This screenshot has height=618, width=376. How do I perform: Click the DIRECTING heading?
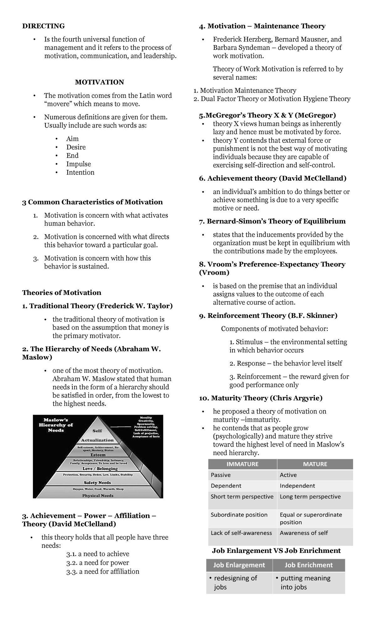click(x=43, y=26)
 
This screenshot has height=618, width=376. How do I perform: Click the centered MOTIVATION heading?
click(x=99, y=82)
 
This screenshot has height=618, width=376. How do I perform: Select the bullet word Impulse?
click(x=78, y=164)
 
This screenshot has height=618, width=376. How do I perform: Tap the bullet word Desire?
click(x=76, y=147)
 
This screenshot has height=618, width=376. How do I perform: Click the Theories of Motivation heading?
click(x=61, y=293)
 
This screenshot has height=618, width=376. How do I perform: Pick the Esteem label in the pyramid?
click(x=98, y=455)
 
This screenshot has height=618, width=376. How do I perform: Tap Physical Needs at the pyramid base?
click(x=98, y=495)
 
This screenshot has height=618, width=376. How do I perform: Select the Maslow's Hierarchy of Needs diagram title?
click(x=56, y=425)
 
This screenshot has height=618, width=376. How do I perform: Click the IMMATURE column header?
click(x=242, y=464)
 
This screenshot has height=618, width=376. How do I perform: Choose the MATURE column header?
click(x=315, y=464)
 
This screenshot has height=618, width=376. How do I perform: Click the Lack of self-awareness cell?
click(x=241, y=533)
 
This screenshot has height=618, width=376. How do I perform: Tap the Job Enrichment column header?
click(x=308, y=565)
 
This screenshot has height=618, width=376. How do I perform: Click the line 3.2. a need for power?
click(x=97, y=563)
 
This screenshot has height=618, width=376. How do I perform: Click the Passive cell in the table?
click(x=221, y=475)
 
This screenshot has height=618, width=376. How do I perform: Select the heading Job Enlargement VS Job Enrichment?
click(x=276, y=551)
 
